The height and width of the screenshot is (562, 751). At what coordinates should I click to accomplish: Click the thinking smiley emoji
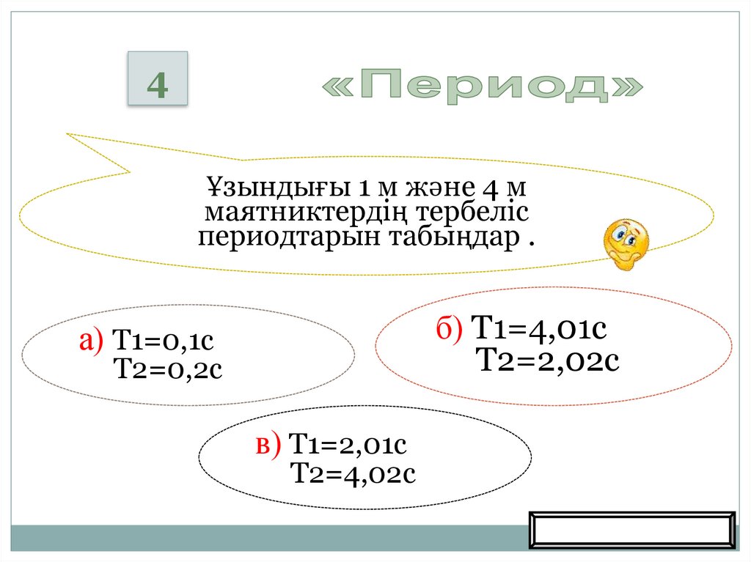(625, 243)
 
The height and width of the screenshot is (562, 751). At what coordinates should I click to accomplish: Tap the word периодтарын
(278, 239)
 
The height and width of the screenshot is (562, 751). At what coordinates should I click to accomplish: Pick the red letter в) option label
(268, 445)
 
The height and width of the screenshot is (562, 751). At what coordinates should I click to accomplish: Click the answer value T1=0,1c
(164, 342)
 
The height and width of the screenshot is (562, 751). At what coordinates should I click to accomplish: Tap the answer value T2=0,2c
(168, 370)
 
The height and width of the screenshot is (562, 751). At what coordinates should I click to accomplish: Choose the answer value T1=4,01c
(539, 329)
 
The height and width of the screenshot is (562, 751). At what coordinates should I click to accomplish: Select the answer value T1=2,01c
(348, 445)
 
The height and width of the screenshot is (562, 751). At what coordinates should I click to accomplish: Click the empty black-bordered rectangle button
(631, 530)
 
